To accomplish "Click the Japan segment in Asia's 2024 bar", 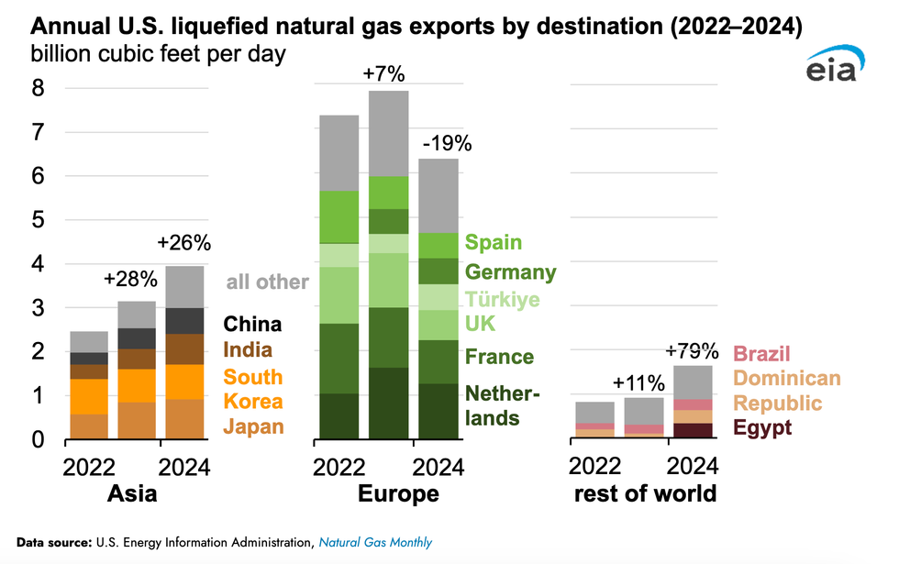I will point(184,419).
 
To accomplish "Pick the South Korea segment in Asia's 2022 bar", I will point(88,396).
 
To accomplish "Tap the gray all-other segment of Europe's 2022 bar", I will point(338,152).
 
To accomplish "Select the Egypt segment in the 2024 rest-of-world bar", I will point(693,431).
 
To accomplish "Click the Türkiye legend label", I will point(502,299).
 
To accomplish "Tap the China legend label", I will point(252,324).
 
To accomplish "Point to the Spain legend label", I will point(493,243).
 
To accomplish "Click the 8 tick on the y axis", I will point(37,89).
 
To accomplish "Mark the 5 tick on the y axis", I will point(37,220).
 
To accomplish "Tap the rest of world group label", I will point(645,494).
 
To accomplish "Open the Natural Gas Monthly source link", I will point(375,542).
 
